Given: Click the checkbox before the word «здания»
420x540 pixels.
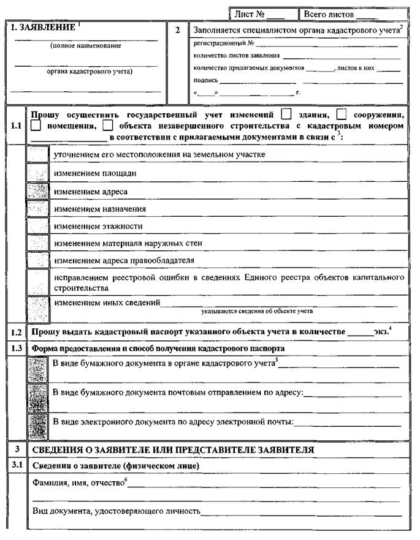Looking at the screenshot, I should [x=286, y=114].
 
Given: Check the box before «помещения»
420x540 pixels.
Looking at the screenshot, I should [x=36, y=126].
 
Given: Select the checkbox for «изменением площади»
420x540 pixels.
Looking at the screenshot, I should [x=38, y=173].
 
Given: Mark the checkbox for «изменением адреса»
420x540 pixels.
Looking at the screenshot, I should [x=38, y=191].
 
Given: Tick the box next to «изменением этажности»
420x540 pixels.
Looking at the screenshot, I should [x=38, y=226].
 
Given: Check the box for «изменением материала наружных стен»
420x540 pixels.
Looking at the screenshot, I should [x=38, y=243].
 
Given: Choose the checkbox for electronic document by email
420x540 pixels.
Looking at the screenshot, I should [x=38, y=422].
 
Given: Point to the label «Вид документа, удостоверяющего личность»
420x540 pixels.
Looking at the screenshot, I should [x=116, y=510].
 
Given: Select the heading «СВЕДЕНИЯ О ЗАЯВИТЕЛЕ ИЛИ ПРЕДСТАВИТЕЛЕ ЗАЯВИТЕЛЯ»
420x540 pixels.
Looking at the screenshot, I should [x=173, y=449].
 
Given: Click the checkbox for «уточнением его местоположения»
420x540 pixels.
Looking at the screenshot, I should [x=38, y=154].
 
